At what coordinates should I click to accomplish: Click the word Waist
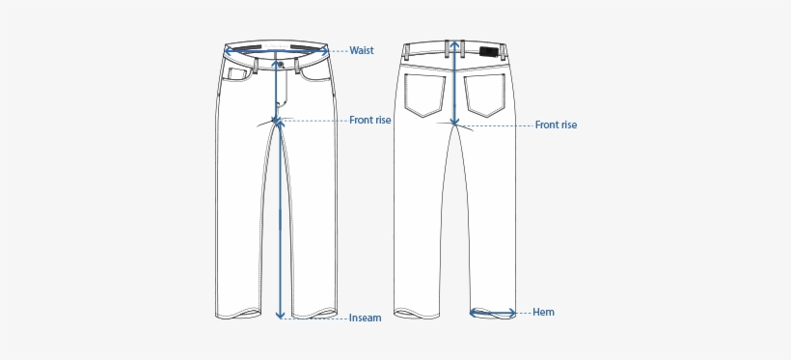(x=362, y=50)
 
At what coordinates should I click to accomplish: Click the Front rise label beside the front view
(x=369, y=121)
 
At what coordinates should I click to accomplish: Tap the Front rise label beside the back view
(x=556, y=125)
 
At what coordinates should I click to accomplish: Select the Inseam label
(x=366, y=318)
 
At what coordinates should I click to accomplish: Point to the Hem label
(x=543, y=312)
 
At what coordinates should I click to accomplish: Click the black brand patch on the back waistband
(x=489, y=52)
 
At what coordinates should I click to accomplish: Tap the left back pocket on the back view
(x=424, y=96)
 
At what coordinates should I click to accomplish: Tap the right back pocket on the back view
(x=486, y=96)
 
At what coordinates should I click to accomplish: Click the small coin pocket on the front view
(x=236, y=73)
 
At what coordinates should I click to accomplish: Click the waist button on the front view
(x=279, y=65)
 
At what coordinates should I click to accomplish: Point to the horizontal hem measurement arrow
(x=492, y=312)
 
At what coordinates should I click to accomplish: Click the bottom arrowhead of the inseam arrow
(x=280, y=315)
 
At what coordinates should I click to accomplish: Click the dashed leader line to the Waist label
(x=339, y=50)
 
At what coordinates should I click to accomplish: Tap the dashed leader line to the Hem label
(x=523, y=312)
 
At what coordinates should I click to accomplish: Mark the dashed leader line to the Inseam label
(x=318, y=318)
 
